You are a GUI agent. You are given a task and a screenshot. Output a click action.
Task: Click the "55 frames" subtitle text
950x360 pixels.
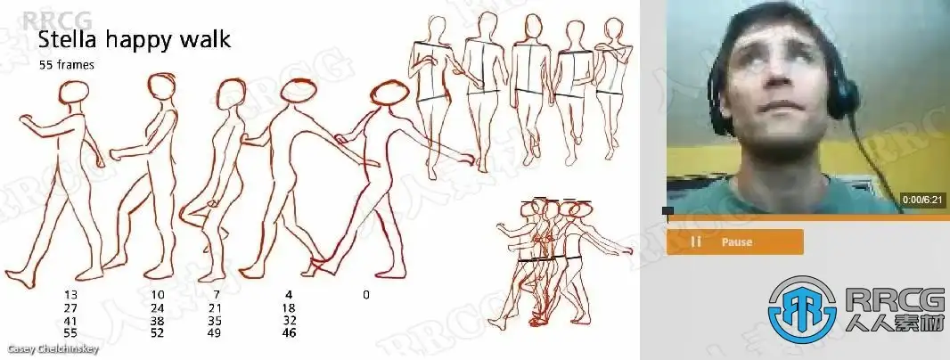[x=67, y=65]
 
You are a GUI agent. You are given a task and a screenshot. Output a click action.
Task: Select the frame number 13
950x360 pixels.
[x=70, y=295]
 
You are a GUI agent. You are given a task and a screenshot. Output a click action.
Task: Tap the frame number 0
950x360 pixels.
[x=366, y=295]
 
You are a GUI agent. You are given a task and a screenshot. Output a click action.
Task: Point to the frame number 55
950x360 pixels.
[x=70, y=332]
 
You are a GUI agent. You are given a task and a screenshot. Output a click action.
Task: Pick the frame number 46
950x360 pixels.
[x=289, y=332]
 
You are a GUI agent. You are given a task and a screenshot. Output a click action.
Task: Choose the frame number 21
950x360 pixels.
[x=215, y=308]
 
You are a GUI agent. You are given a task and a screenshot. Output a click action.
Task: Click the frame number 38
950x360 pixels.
[x=157, y=321]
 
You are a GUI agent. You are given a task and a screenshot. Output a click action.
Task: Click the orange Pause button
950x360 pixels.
[x=735, y=241]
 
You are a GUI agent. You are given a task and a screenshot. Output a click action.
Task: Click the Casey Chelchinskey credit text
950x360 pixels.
[x=53, y=349]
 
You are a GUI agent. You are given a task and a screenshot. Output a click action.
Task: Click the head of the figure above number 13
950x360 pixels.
[x=74, y=92]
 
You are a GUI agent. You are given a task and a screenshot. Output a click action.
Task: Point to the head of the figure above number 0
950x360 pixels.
[x=389, y=93]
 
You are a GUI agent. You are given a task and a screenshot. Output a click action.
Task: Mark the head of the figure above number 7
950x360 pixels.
[x=231, y=94]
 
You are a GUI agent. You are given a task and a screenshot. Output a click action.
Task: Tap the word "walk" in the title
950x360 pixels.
[x=205, y=39]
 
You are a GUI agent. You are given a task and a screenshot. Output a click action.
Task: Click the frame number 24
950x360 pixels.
[x=157, y=308]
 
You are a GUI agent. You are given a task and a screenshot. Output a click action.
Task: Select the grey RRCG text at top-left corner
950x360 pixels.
[x=58, y=20]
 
